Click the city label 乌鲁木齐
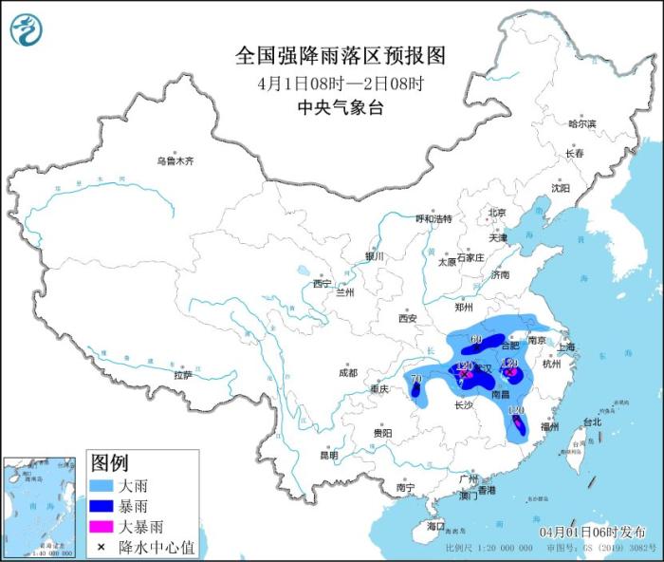point(175,161)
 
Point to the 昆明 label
point(327,455)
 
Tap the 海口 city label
point(435,525)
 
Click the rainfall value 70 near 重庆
point(415,380)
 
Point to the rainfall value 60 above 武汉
point(477,340)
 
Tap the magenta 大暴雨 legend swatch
point(101,528)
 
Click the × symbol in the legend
point(101,548)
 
